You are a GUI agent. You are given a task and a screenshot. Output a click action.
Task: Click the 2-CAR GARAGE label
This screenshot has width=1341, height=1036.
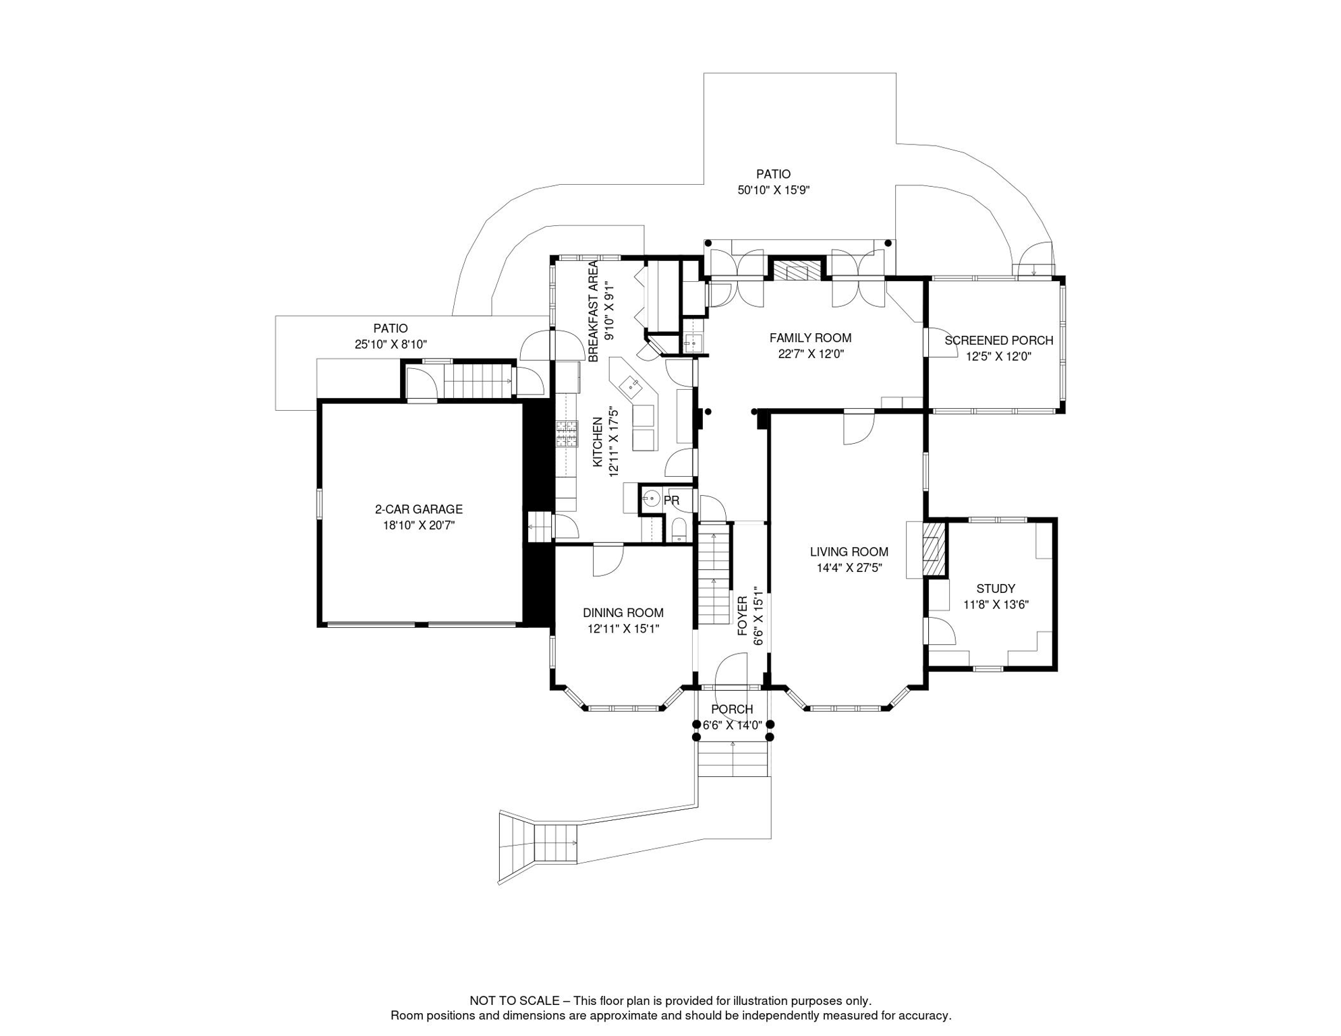point(419,510)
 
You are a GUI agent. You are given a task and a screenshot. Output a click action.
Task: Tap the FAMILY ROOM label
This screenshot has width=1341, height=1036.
point(810,339)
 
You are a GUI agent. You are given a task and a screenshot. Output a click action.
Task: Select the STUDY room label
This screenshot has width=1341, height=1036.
point(996,589)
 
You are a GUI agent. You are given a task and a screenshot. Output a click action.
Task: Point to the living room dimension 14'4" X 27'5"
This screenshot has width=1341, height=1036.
point(849,569)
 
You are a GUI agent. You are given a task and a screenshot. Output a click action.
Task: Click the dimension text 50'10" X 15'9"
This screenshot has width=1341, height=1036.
point(773,191)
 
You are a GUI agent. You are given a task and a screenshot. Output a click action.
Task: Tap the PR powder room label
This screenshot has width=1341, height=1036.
point(671,501)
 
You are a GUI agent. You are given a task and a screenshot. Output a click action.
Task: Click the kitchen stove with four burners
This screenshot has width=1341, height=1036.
point(567,434)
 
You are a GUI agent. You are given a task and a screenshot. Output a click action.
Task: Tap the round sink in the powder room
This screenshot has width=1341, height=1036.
point(651,499)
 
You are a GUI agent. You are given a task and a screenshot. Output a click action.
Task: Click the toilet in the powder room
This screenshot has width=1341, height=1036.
point(679,529)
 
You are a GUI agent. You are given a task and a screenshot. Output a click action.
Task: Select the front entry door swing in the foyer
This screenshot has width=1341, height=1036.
point(731,671)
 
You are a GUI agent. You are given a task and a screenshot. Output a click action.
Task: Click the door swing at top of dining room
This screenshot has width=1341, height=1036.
point(608,560)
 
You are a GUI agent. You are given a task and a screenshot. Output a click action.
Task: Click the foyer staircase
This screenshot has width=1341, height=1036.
point(714,577)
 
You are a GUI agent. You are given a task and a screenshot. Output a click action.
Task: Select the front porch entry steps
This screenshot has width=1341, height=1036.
point(733,759)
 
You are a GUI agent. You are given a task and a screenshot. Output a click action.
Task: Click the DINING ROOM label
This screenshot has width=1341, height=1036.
point(623,613)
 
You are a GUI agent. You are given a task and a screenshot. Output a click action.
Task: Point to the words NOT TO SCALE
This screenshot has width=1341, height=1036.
point(515,1001)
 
